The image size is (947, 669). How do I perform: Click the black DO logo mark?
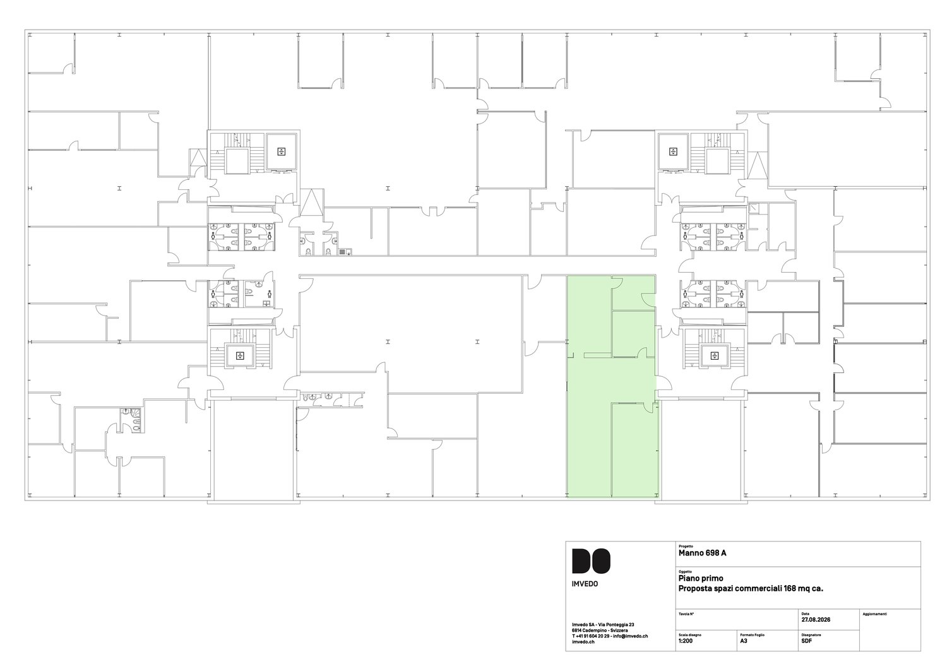tap(591, 561)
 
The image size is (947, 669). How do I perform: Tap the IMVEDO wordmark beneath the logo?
tap(585, 584)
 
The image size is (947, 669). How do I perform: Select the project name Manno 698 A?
tap(703, 553)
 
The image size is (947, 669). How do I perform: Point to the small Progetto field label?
tap(686, 546)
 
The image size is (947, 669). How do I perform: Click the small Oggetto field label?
tap(685, 571)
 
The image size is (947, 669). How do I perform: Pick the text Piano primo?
tap(701, 578)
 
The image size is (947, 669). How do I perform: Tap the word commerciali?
tap(758, 588)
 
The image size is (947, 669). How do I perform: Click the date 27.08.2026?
tap(816, 620)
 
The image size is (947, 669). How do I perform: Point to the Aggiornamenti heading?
tap(874, 613)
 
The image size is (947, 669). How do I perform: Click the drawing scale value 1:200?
tap(685, 641)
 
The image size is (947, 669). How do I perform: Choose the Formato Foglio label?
tap(752, 635)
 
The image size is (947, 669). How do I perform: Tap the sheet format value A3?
tap(744, 641)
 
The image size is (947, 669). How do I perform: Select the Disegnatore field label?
tap(811, 635)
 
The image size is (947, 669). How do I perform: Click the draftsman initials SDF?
tap(806, 641)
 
